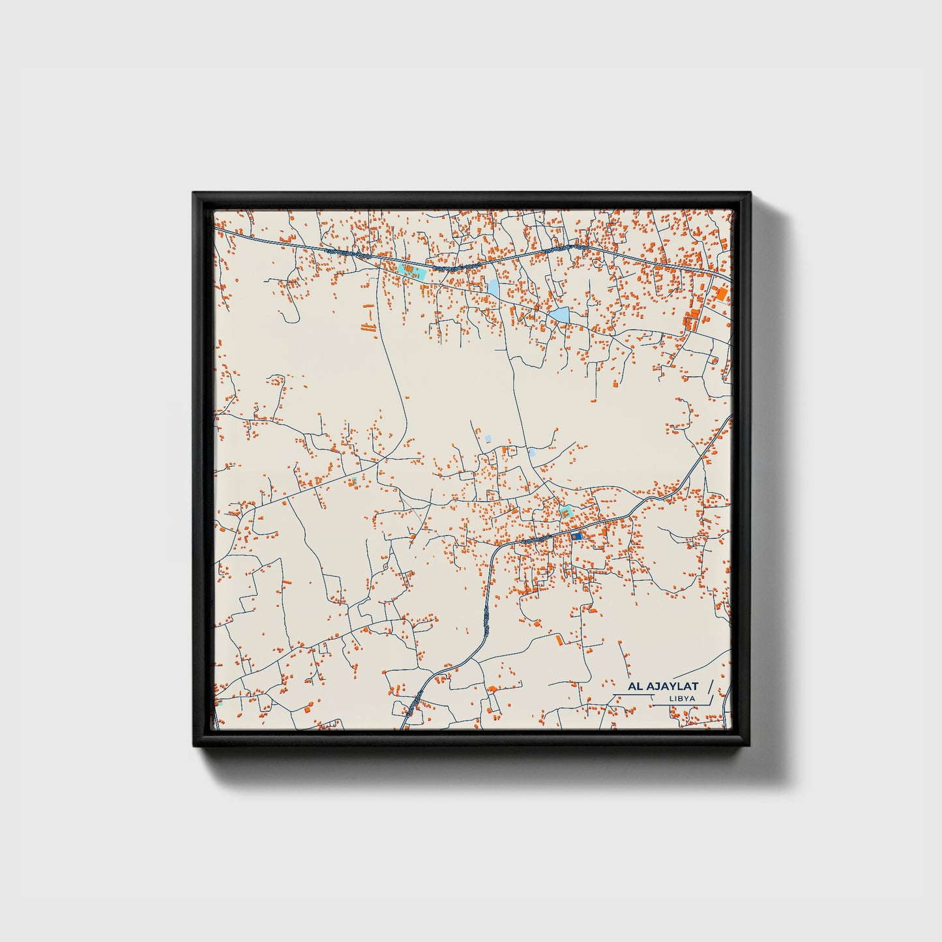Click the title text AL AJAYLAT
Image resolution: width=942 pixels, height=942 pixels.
coord(663,686)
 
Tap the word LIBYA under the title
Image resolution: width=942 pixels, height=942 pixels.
coord(682,699)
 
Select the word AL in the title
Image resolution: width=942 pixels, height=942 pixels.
coord(635,686)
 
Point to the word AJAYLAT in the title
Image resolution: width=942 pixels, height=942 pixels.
coord(671,686)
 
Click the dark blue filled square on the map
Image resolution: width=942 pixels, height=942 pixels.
coord(576,536)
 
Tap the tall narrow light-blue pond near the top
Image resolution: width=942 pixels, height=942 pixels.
coord(493,287)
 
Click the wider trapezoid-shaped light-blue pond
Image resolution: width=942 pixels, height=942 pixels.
coord(559,316)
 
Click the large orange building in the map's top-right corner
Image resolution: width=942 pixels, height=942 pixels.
coord(722,294)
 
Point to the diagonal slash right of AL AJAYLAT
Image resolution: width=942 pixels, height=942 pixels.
coord(710,686)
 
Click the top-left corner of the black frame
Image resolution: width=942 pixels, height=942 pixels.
coord(194,194)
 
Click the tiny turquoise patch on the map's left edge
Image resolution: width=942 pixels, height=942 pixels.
coord(219,703)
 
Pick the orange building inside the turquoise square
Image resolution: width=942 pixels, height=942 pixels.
coord(566,513)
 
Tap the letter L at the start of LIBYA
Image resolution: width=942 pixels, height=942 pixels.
coord(671,699)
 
